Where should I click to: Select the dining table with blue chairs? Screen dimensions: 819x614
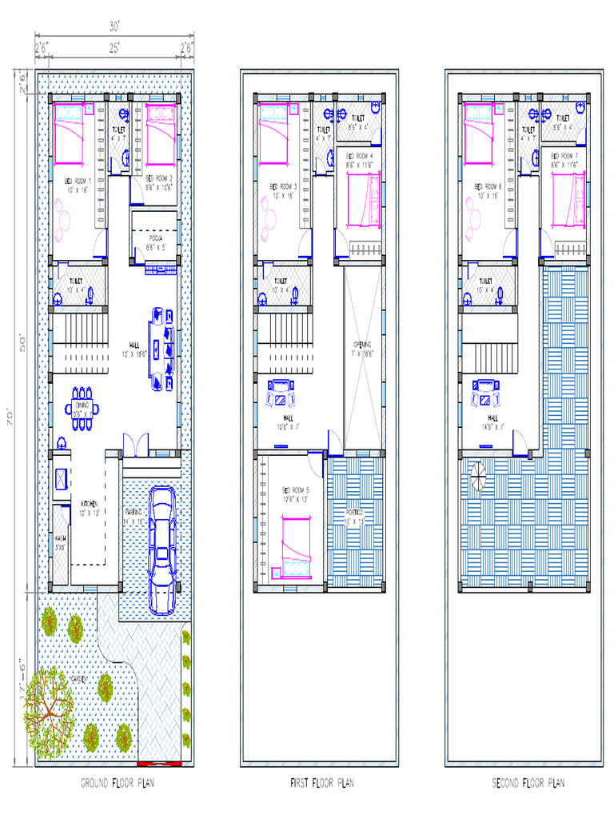(83, 408)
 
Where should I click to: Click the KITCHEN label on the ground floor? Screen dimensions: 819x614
(89, 504)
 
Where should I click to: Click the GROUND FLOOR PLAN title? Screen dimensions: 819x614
(118, 783)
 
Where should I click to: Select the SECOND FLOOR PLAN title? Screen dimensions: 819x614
(528, 783)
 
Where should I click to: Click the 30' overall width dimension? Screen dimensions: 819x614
(115, 26)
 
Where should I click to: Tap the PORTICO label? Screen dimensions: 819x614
(353, 511)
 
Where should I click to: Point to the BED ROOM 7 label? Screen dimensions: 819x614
(566, 158)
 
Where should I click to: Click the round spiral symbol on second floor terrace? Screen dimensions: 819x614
(477, 477)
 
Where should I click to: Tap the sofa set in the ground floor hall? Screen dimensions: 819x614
(160, 349)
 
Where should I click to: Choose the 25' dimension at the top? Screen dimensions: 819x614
(115, 48)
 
